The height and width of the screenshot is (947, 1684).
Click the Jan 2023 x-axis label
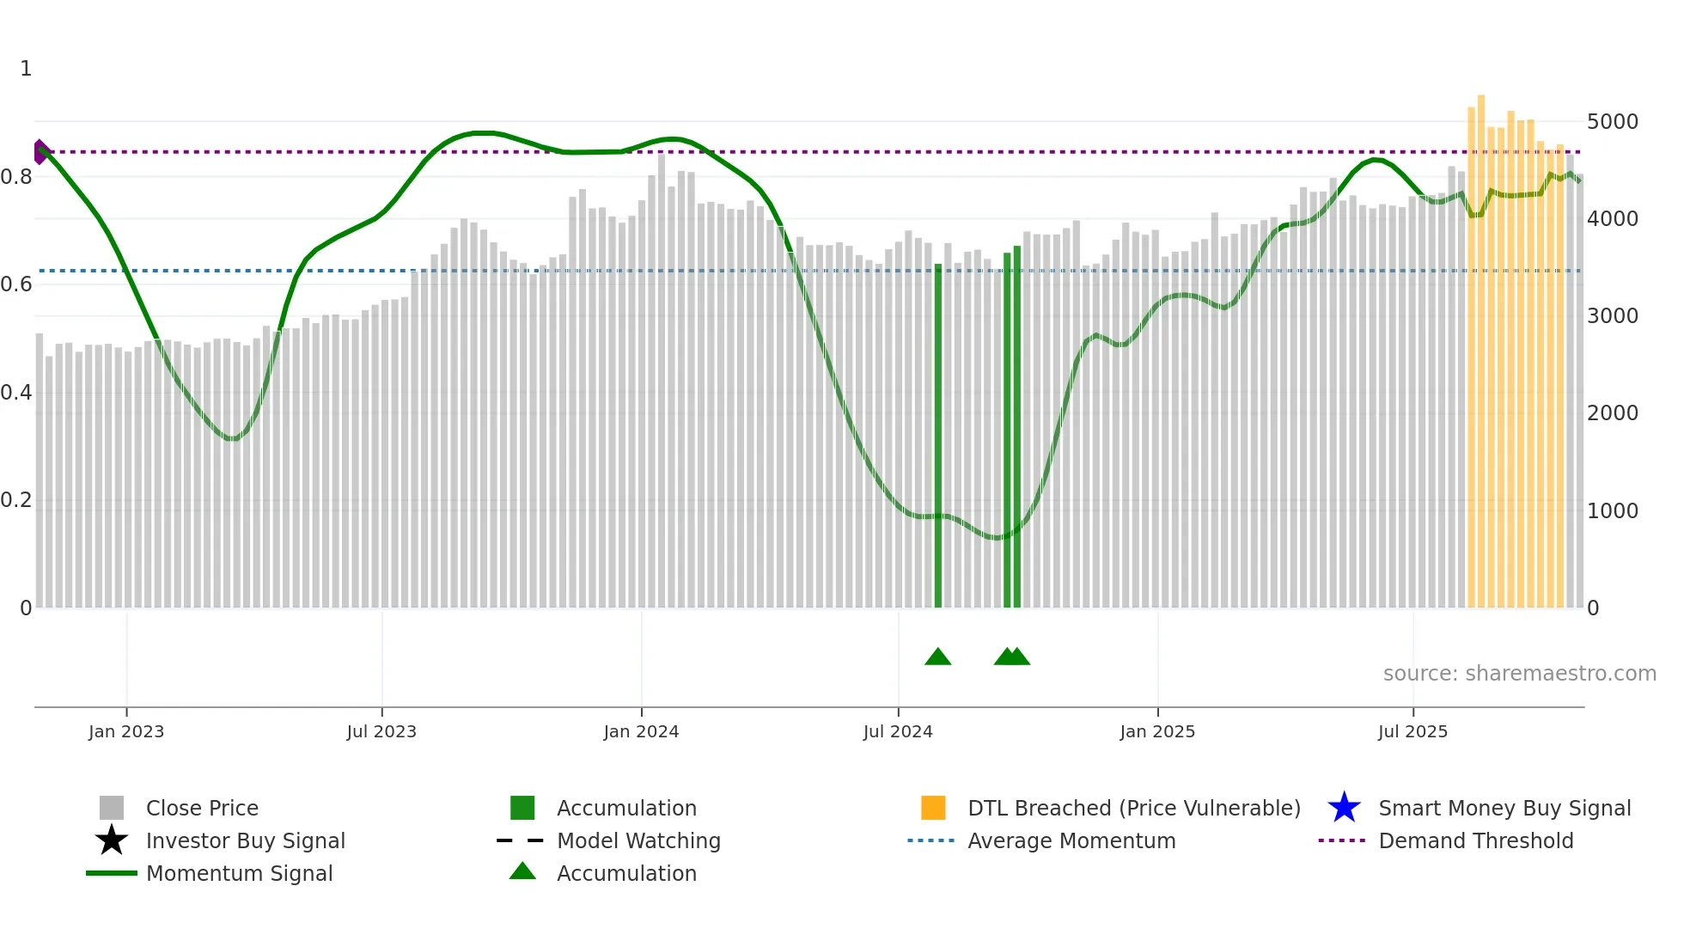[x=126, y=731]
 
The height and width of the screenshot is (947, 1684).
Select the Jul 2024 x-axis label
[x=898, y=731]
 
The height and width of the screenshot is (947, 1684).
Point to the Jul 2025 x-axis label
[x=1412, y=731]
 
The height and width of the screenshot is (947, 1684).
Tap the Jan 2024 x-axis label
[x=641, y=731]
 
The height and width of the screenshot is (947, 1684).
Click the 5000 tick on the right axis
[x=1612, y=122]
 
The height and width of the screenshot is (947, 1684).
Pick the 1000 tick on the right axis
[x=1612, y=511]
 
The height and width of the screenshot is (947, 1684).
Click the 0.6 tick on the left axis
[x=16, y=284]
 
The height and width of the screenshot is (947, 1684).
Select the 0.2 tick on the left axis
[x=16, y=500]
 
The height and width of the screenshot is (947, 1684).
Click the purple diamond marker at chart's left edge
[x=40, y=152]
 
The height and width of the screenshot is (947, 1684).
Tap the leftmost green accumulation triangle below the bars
[x=937, y=657]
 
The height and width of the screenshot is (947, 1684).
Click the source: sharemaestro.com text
[x=1519, y=674]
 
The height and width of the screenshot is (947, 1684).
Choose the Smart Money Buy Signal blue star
[x=1344, y=808]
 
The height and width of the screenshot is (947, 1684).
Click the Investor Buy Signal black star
[x=112, y=840]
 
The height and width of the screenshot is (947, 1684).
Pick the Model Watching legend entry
[x=638, y=840]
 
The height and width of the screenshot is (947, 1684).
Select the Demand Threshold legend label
[x=1475, y=840]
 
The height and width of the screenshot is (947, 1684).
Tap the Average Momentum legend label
[x=1071, y=840]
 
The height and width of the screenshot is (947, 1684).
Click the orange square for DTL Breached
[x=933, y=808]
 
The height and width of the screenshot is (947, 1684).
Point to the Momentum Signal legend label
[x=239, y=873]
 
